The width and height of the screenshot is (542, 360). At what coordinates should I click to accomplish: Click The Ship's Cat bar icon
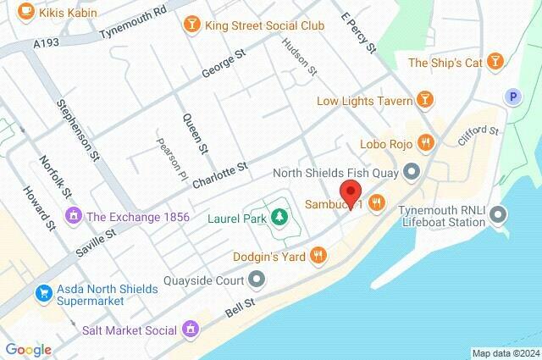point(497,62)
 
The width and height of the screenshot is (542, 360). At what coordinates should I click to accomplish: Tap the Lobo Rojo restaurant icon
point(427,143)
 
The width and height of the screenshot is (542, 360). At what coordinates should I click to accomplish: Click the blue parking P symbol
point(512,97)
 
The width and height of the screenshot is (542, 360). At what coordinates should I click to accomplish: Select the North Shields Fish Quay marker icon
point(412,173)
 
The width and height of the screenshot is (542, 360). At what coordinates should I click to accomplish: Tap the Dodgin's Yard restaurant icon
point(318,254)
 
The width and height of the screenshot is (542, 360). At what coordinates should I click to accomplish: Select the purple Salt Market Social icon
point(191,329)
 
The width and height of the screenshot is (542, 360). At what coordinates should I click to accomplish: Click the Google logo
point(28,349)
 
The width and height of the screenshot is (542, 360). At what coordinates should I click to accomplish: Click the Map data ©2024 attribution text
point(505,353)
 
